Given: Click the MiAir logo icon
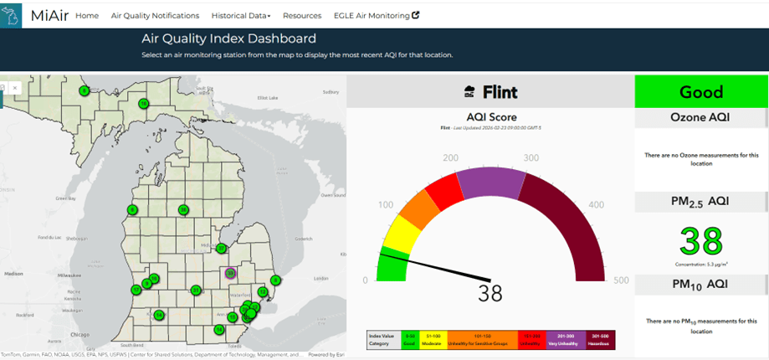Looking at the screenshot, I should tap(11, 15).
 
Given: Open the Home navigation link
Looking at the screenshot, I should tap(87, 16).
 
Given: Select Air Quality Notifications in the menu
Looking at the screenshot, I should tap(155, 16).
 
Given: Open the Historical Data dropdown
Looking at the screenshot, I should tap(241, 16).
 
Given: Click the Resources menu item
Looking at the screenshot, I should tap(302, 16).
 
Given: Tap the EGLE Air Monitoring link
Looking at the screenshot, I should tap(376, 16).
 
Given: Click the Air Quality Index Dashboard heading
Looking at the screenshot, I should tap(228, 39).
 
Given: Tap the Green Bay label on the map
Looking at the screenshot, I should tap(66, 198).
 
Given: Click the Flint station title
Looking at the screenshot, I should tap(500, 92).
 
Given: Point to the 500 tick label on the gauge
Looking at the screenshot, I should tap(620, 280).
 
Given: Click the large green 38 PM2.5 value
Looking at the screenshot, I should tap(701, 242).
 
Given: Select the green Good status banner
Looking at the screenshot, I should tap(700, 91).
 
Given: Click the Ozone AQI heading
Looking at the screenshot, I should tap(700, 117).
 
